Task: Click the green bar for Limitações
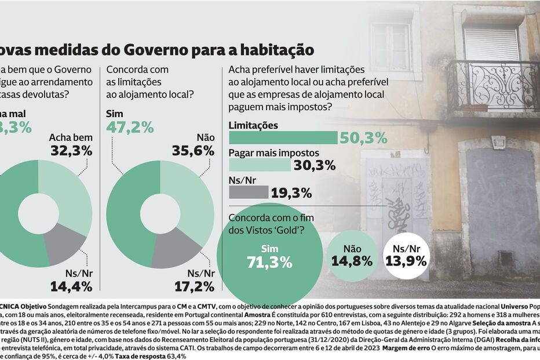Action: (x=283, y=137)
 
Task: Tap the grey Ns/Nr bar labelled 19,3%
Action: (x=249, y=192)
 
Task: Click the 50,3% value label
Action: (x=364, y=138)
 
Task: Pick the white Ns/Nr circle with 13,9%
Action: (x=406, y=256)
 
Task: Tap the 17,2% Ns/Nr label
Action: (x=194, y=285)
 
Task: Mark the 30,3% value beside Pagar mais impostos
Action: (x=314, y=165)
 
